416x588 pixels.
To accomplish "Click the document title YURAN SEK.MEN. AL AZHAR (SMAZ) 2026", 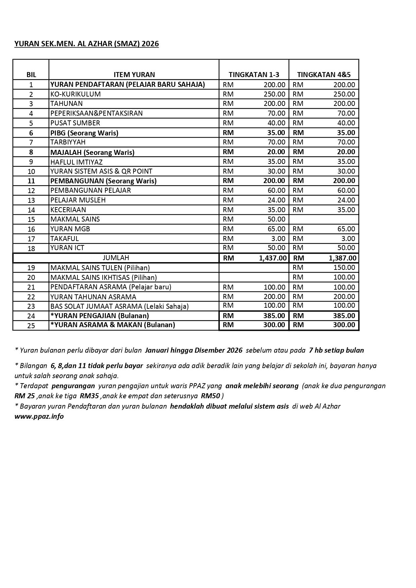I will point(87,44).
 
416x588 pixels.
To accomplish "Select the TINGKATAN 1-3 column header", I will point(254,75).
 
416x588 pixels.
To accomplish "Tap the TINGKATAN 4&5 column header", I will point(324,75).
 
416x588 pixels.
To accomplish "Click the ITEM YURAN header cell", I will point(134,75).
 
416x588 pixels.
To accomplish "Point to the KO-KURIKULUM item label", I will point(75,94).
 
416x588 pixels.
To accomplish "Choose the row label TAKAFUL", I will point(64,239).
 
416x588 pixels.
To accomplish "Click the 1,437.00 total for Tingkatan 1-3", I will point(273,258).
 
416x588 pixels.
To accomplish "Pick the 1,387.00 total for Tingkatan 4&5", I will point(343,258).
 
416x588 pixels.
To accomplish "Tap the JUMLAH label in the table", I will point(116,258).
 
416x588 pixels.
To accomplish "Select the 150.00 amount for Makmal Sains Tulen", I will point(344,268).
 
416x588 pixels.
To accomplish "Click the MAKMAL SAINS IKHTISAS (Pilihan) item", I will point(104,278).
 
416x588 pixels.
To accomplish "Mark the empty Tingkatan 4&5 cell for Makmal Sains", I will point(324,219).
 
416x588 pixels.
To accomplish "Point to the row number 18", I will point(31,248).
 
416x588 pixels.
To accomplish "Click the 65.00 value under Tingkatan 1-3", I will point(276,229).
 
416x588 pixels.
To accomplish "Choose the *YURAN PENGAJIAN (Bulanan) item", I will point(100,316).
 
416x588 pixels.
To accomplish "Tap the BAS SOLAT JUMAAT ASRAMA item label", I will point(119,306).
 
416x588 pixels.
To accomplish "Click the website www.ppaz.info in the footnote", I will point(39,417).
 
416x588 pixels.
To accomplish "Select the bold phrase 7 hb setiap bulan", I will point(336,350).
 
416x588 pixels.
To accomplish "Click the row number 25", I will point(31,326).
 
